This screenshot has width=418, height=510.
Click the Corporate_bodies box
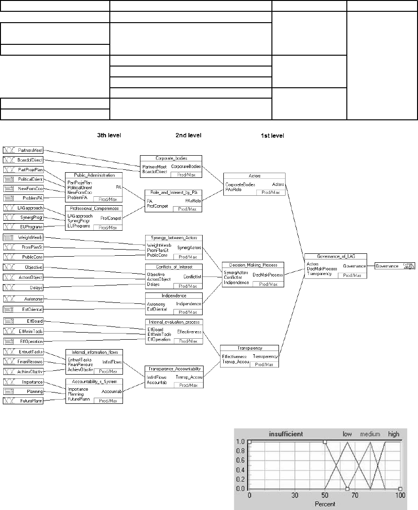point(171,167)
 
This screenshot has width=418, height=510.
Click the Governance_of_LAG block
point(336,266)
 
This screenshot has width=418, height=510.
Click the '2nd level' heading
point(189,135)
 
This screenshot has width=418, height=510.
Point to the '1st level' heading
point(272,135)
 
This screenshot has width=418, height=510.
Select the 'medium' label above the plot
point(370,434)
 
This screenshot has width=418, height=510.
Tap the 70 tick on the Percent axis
point(355,497)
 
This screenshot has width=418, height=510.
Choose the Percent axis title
point(325,504)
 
